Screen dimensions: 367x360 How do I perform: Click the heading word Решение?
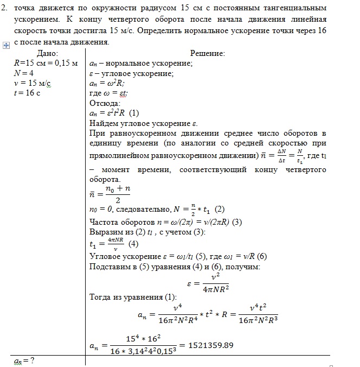point(207,53)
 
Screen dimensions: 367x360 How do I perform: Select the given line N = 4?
point(24,73)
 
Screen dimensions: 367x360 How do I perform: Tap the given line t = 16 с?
point(27,92)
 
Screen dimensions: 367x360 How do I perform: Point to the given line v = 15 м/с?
point(32,83)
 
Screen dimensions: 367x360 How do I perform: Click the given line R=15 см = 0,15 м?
point(46,63)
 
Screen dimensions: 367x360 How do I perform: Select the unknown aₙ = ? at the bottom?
point(24,360)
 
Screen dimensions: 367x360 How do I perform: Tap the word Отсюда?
point(104,103)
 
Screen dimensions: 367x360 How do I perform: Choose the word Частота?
point(106,221)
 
